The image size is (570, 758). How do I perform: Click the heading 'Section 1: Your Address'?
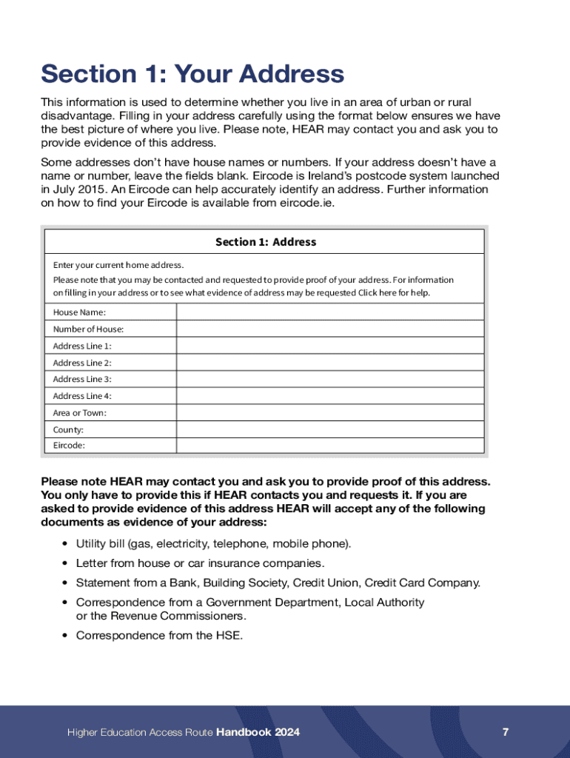click(192, 74)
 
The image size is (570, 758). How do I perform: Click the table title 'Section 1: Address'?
click(265, 242)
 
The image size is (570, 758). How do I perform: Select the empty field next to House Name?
click(330, 312)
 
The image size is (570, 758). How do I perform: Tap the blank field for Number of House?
click(330, 329)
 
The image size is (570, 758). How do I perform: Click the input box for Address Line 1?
click(330, 346)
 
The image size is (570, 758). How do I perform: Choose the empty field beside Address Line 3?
click(330, 379)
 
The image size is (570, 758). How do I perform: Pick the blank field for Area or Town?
click(330, 412)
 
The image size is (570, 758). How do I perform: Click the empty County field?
click(330, 429)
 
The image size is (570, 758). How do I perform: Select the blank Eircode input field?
click(330, 446)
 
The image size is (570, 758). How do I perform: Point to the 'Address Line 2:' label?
click(82, 363)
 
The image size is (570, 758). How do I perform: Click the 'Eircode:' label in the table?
click(69, 446)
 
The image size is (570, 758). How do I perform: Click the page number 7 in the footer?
click(505, 732)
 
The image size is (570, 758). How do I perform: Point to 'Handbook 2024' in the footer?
click(258, 733)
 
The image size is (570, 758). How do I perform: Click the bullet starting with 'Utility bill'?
click(213, 544)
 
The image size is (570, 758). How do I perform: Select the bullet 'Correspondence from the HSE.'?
click(159, 635)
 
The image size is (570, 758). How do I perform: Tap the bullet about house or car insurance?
click(200, 563)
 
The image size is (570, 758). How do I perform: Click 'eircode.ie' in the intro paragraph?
click(304, 203)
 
